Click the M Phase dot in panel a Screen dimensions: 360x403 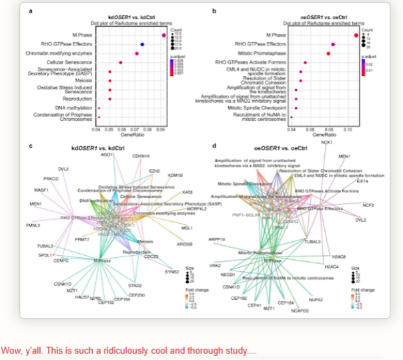163,35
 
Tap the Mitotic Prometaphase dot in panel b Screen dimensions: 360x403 329,53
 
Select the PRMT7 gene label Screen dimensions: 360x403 82,239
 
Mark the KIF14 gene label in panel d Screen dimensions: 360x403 362,181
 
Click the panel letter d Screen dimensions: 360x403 214,145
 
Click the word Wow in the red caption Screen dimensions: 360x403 11,350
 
